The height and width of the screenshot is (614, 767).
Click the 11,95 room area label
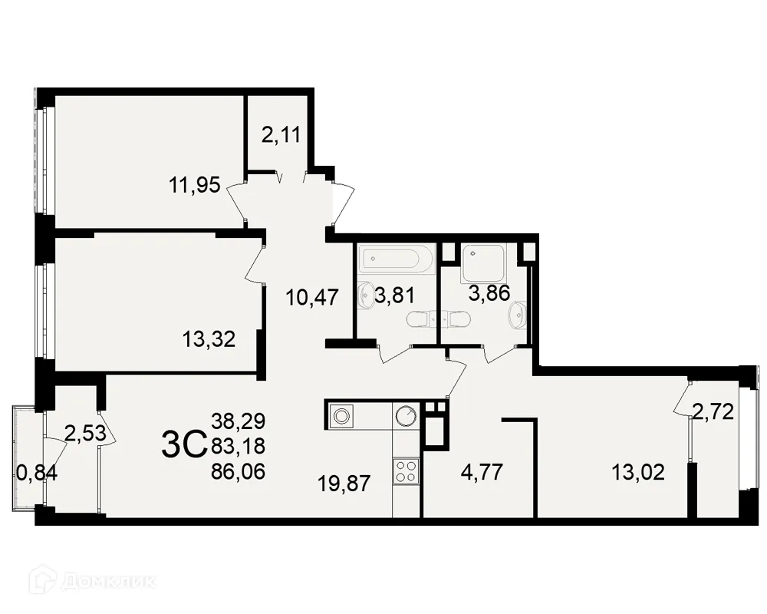coord(195,184)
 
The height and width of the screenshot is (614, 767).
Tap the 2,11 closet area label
coord(280,136)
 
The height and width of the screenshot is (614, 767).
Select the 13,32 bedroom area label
coord(209,338)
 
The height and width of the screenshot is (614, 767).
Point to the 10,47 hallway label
coord(311,296)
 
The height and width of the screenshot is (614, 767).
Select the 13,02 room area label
coord(638,470)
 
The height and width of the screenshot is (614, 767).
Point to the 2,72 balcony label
coord(713,412)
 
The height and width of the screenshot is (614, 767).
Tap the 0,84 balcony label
coord(36,473)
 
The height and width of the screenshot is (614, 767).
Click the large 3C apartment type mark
coord(184,444)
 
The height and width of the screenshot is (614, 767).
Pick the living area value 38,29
coord(239,421)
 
